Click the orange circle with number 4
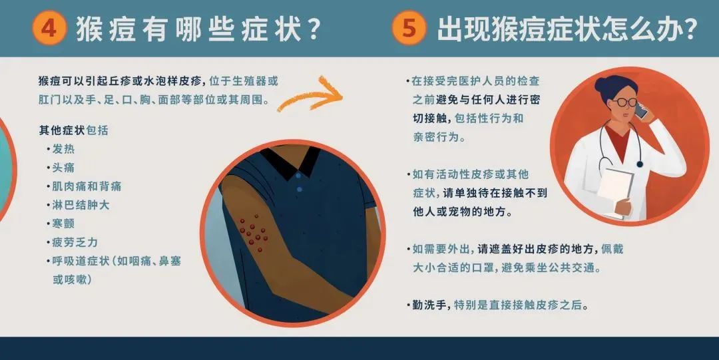point(49,28)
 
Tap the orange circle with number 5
point(409,28)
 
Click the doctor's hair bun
point(600,83)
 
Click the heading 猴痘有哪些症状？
point(198,29)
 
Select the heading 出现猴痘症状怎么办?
point(567,29)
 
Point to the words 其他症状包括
point(73,130)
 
